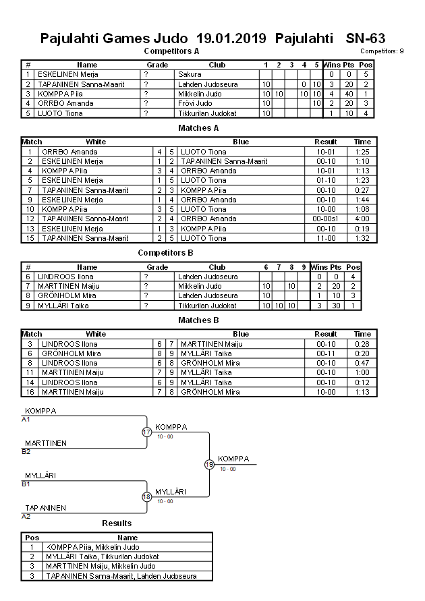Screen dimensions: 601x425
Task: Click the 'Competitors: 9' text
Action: (x=382, y=51)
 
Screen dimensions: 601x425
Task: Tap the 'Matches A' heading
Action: (x=198, y=127)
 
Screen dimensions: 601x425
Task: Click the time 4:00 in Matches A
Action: (x=362, y=219)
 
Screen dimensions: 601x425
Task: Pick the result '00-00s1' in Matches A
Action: (x=326, y=219)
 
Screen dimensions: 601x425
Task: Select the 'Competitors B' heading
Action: (x=165, y=252)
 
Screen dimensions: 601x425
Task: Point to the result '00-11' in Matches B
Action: (x=326, y=353)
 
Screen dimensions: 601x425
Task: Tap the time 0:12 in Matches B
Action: (x=362, y=382)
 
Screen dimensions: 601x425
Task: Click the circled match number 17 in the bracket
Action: (x=146, y=432)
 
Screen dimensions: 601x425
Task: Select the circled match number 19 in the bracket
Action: (x=209, y=464)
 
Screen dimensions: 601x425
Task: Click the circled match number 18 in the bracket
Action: (x=146, y=496)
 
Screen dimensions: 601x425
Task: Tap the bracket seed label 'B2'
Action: (x=26, y=451)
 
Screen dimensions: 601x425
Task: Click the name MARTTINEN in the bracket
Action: (x=46, y=443)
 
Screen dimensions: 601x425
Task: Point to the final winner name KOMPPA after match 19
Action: (x=233, y=459)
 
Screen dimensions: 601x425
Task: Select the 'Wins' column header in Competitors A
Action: (x=331, y=65)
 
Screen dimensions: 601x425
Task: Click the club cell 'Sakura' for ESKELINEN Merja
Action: (x=190, y=74)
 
